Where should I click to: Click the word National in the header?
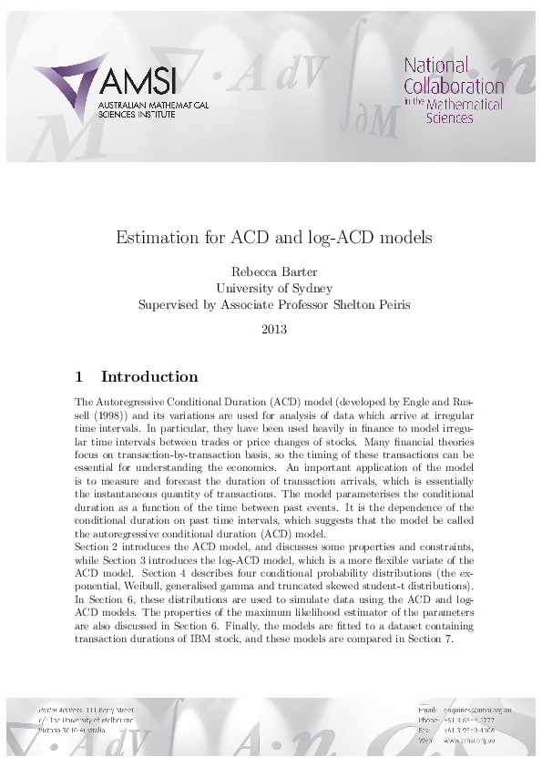(436, 66)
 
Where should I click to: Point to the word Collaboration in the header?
(454, 86)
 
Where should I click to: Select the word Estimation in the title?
(150, 238)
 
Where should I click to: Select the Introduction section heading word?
(148, 376)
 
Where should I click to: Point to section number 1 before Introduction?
(79, 376)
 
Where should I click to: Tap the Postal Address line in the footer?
(87, 710)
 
